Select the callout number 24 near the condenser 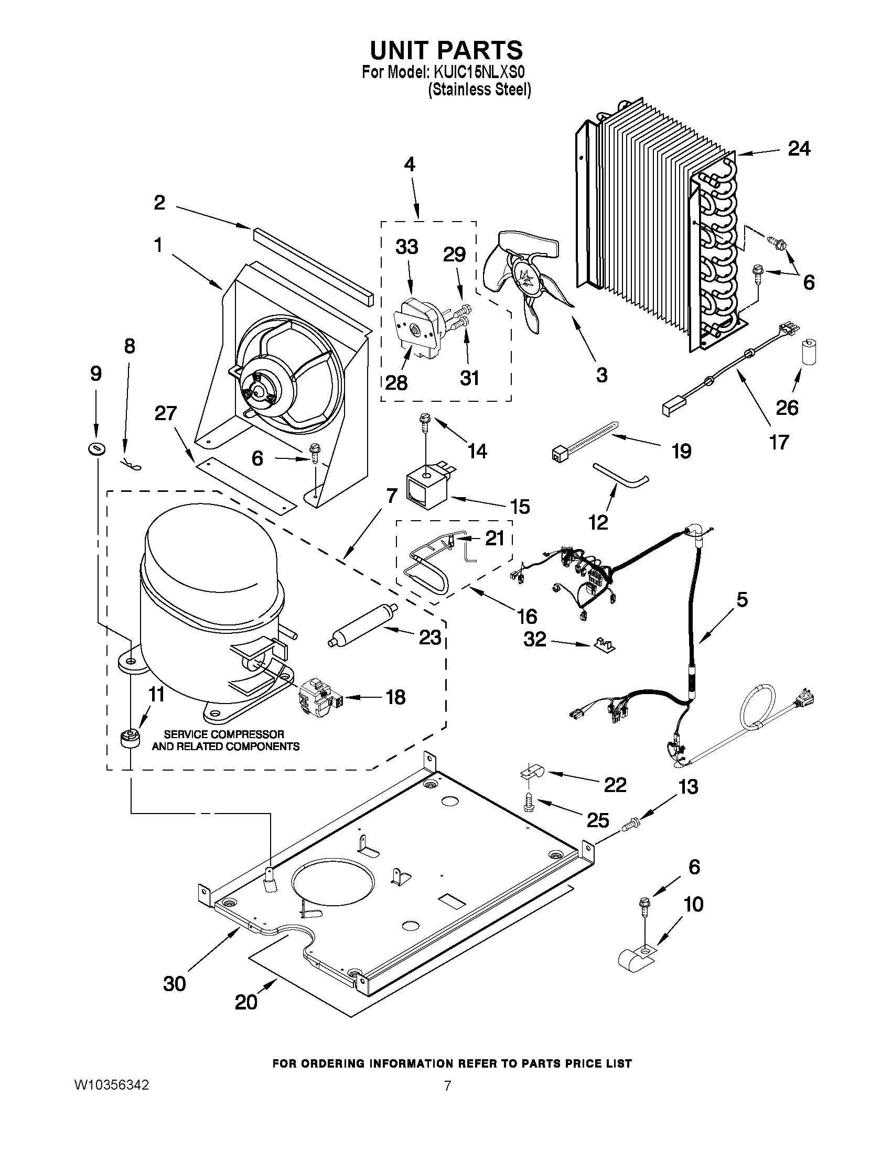799,149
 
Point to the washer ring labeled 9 96,449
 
